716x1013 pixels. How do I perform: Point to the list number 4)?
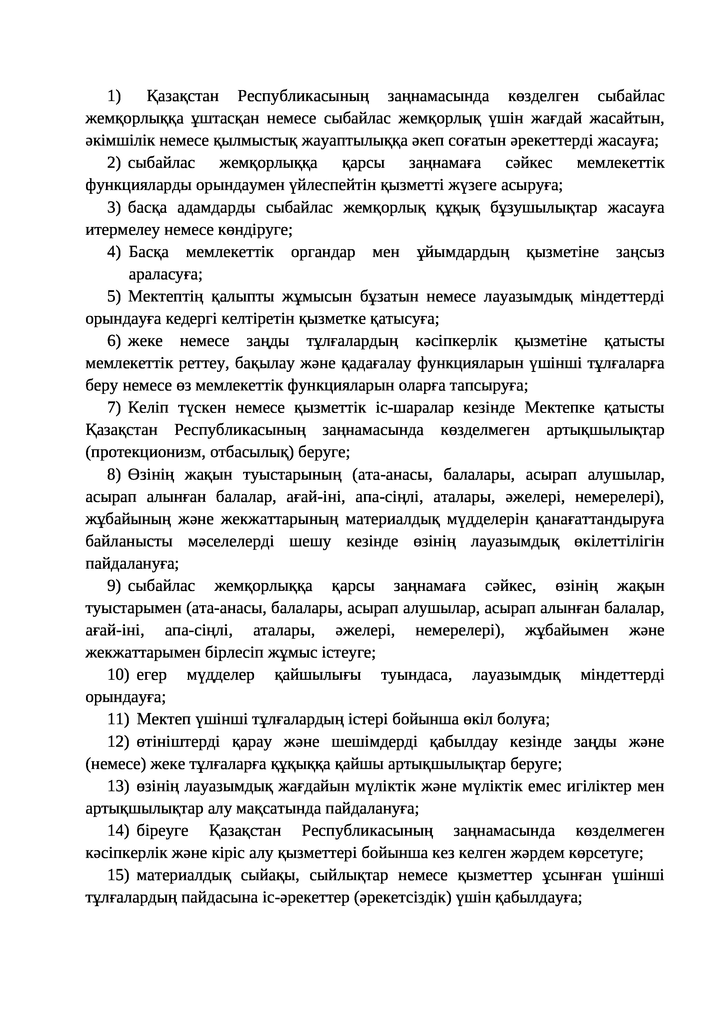(114, 252)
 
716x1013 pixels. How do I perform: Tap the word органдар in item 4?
(323, 252)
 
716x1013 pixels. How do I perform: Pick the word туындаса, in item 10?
(416, 675)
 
